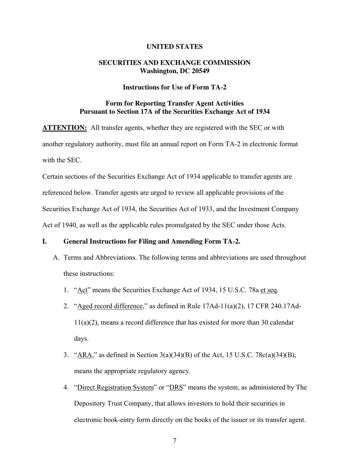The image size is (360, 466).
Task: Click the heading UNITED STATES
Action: pyautogui.click(x=174, y=47)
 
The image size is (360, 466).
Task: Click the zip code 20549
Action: pyautogui.click(x=200, y=71)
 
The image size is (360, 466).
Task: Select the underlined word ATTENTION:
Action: pyautogui.click(x=64, y=128)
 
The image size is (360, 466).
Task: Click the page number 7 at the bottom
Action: pyautogui.click(x=175, y=441)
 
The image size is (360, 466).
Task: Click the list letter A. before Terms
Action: pyautogui.click(x=56, y=258)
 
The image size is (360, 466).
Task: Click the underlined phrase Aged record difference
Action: pyautogui.click(x=110, y=306)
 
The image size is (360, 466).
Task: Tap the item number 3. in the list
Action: pyautogui.click(x=66, y=355)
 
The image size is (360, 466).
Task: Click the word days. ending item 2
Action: pyautogui.click(x=81, y=339)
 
